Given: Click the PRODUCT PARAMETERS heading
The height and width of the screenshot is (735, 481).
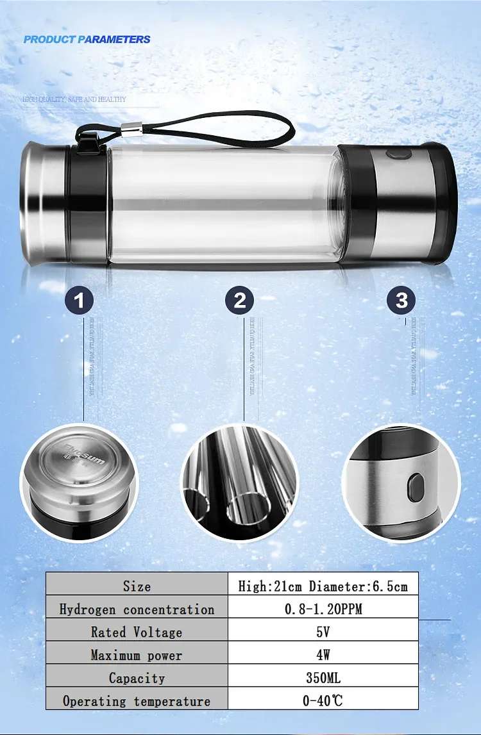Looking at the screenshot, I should coord(87,40).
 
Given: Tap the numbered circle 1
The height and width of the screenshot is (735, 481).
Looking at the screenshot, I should coord(80,300).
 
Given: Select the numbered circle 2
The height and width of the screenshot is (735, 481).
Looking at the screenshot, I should coord(240,300).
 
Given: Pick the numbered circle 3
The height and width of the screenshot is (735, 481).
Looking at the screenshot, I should coord(401,300).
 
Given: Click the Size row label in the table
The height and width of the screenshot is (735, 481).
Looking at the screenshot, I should coord(137,586).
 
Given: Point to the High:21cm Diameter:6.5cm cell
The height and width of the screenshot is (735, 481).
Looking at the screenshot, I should coord(323,586).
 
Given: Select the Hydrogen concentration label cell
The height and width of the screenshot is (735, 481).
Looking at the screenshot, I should coord(137,609).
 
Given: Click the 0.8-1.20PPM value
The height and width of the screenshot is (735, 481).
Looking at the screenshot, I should coord(323,609).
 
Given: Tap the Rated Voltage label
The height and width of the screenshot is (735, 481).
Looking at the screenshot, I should coord(137,632).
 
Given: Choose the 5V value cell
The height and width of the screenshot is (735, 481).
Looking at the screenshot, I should coord(323,632).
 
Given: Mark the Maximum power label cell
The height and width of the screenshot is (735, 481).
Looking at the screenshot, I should coord(137,655).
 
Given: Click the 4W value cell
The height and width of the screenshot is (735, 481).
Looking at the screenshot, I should coord(323,655).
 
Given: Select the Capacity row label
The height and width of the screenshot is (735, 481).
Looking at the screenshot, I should coord(137,678).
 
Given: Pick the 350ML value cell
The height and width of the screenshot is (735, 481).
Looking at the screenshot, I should coord(323,678).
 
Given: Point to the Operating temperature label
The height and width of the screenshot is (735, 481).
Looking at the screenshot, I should coord(137,701).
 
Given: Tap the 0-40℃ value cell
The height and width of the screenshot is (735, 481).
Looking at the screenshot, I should coord(323,701).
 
